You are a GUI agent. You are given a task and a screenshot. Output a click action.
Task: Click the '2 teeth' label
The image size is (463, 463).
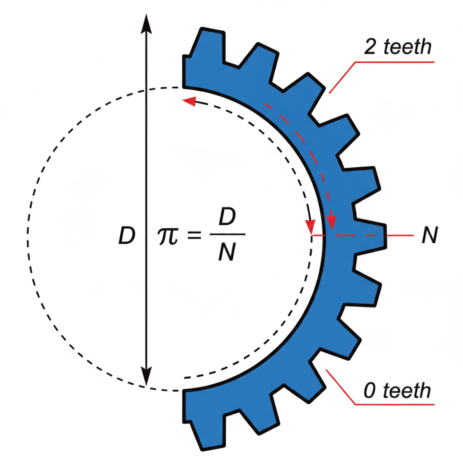(397, 47)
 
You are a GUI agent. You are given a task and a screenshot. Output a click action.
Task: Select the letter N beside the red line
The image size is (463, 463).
(429, 236)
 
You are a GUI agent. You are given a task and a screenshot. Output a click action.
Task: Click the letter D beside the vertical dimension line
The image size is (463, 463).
(127, 236)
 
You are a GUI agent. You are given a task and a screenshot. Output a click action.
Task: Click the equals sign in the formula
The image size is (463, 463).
(194, 236)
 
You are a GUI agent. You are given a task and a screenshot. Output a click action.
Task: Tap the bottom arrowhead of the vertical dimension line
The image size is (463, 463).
(145, 378)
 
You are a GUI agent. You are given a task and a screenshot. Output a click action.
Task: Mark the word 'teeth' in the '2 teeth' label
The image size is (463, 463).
(408, 47)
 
